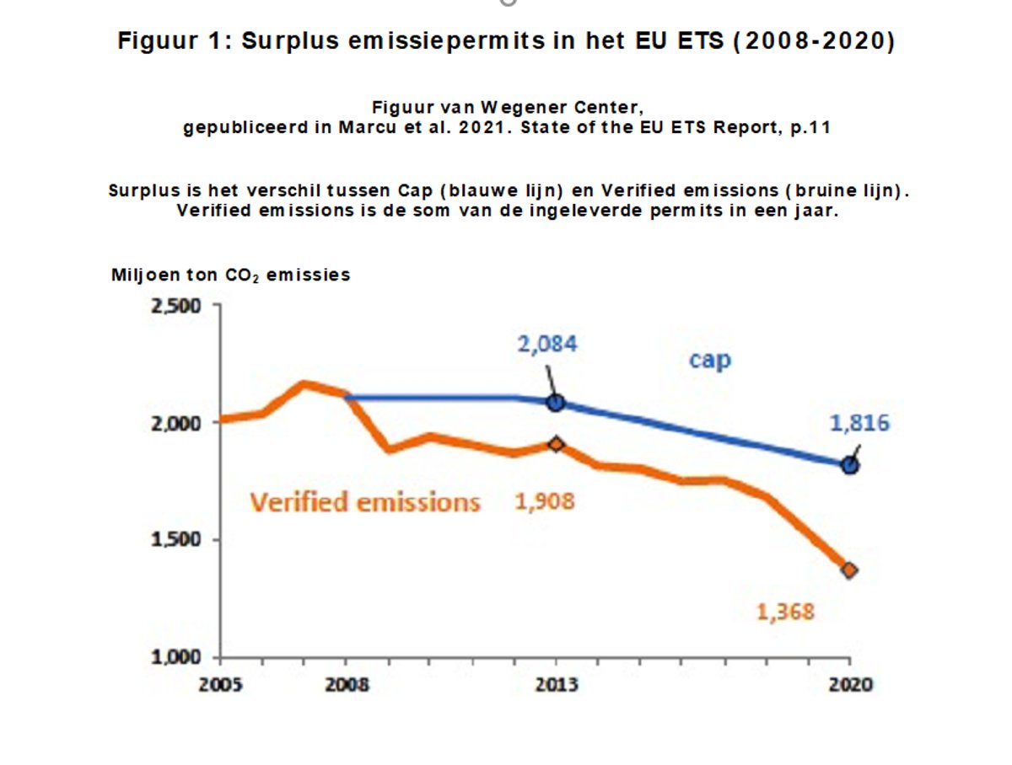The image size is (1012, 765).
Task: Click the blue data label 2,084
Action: click(x=548, y=344)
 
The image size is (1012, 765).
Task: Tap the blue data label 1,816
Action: click(x=859, y=423)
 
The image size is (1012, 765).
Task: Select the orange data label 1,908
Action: click(x=545, y=501)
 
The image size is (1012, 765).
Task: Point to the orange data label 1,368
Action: click(x=786, y=612)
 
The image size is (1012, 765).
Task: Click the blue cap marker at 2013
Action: click(x=555, y=403)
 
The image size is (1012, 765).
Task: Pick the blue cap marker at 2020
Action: click(x=850, y=465)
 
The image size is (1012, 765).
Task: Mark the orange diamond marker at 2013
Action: click(x=555, y=444)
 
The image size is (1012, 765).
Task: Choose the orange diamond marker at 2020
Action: click(x=850, y=570)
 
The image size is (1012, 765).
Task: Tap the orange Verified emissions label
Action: click(x=365, y=502)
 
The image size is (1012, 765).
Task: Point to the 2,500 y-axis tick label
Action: click(x=176, y=306)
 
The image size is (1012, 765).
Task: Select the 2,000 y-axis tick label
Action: click(x=176, y=423)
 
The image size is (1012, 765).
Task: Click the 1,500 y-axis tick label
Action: click(x=176, y=540)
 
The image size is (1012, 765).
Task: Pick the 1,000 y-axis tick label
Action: click(x=176, y=657)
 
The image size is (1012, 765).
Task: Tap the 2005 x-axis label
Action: click(x=221, y=684)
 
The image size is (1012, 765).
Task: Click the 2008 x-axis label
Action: click(x=347, y=684)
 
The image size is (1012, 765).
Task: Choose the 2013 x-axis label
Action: click(x=556, y=684)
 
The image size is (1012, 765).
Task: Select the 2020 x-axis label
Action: click(x=850, y=684)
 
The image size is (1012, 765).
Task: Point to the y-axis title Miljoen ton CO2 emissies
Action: click(x=231, y=276)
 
